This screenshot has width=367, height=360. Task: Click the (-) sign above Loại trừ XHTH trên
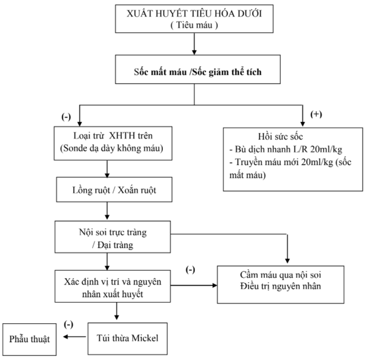66,117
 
